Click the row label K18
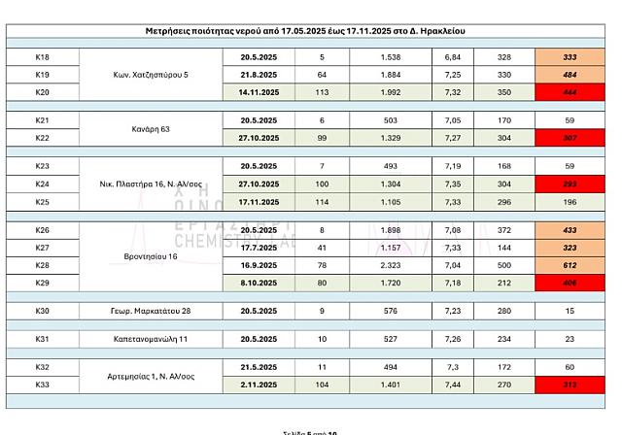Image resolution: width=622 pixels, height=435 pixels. (x=42, y=57)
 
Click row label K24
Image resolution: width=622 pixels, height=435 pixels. (x=42, y=184)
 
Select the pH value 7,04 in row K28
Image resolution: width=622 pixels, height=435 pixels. (x=452, y=265)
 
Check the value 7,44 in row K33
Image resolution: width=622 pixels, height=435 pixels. (x=452, y=385)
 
